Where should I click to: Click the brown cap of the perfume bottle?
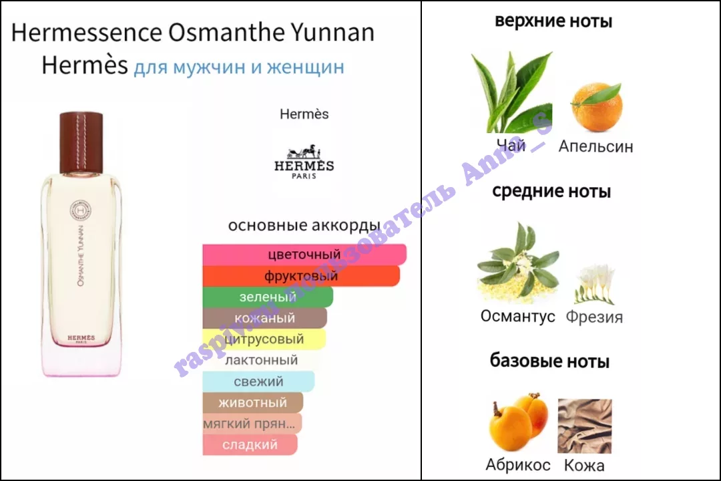(81, 142)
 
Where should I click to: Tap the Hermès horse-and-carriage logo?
(304, 162)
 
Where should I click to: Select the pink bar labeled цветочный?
(304, 254)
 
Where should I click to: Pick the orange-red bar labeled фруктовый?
(301, 276)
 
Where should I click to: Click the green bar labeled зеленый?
(268, 297)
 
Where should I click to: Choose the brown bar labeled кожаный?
(265, 318)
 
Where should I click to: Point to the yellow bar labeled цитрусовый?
(264, 339)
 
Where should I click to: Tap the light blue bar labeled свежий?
(258, 381)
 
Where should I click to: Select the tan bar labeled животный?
(253, 403)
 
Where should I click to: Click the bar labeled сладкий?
(250, 445)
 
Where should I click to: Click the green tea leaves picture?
(512, 92)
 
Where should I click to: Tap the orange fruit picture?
(596, 107)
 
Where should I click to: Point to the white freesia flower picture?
(595, 284)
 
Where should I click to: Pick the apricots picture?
(518, 422)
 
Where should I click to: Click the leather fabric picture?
(585, 426)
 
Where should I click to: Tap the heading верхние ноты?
(553, 21)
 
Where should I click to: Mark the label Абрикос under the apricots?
(518, 465)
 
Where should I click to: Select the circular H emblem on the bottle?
(81, 211)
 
